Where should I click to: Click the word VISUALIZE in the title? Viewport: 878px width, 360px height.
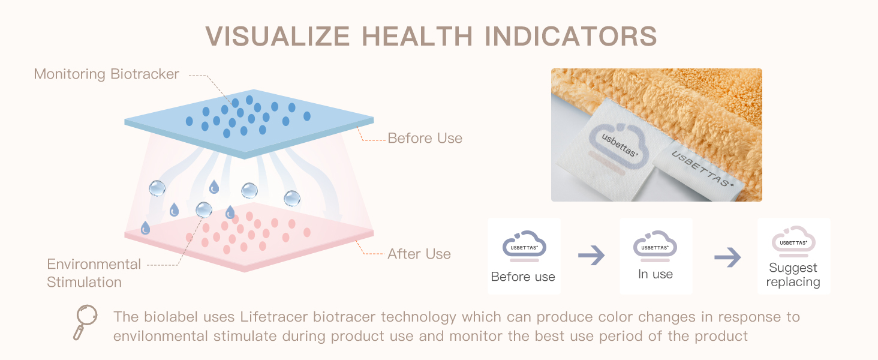pyautogui.click(x=278, y=37)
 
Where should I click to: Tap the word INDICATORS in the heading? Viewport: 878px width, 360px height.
pyautogui.click(x=570, y=37)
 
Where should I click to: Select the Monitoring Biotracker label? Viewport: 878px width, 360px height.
pyautogui.click(x=106, y=74)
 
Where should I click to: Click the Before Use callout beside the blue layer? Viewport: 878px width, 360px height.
pyautogui.click(x=425, y=138)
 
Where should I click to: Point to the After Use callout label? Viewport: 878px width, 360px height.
pyautogui.click(x=419, y=254)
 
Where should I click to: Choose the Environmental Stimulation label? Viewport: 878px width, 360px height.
pyautogui.click(x=94, y=274)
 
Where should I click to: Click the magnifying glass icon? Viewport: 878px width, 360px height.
pyautogui.click(x=85, y=322)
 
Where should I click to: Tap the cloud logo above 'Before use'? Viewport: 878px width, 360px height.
pyautogui.click(x=524, y=246)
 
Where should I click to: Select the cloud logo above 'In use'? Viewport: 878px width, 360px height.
pyautogui.click(x=655, y=246)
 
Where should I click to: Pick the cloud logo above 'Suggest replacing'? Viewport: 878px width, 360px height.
pyautogui.click(x=793, y=241)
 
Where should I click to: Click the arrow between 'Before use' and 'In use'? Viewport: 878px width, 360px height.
pyautogui.click(x=591, y=255)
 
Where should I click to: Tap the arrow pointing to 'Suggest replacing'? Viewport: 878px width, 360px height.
pyautogui.click(x=727, y=257)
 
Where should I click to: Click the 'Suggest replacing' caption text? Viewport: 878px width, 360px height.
pyautogui.click(x=793, y=275)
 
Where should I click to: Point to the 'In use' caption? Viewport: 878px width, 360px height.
pyautogui.click(x=656, y=274)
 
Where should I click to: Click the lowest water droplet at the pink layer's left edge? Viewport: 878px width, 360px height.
pyautogui.click(x=145, y=228)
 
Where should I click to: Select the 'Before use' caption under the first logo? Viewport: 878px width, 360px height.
pyautogui.click(x=523, y=277)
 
